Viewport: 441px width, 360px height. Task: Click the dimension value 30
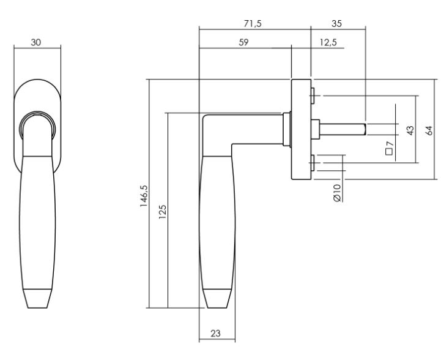click(x=37, y=43)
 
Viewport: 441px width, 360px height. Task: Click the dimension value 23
click(x=215, y=334)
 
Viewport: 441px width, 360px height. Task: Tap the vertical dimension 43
click(x=410, y=130)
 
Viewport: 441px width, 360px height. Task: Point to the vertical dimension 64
click(x=429, y=130)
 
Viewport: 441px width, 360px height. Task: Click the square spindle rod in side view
click(x=343, y=129)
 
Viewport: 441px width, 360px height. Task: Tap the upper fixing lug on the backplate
click(x=313, y=96)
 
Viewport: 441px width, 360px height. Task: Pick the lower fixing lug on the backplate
click(x=313, y=163)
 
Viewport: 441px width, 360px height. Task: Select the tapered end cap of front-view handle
click(x=38, y=298)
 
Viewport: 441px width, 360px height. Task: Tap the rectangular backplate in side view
click(x=300, y=129)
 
